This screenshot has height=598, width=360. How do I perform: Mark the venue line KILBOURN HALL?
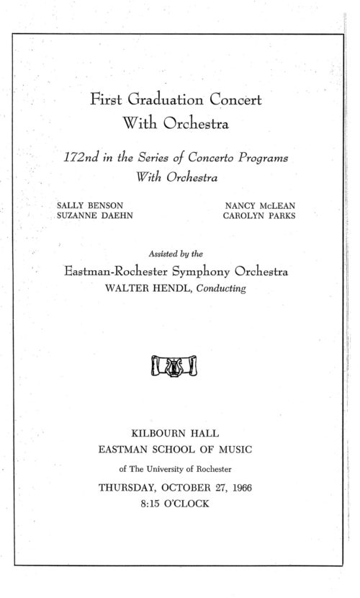(x=176, y=434)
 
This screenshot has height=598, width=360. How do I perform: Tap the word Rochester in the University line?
(x=213, y=470)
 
